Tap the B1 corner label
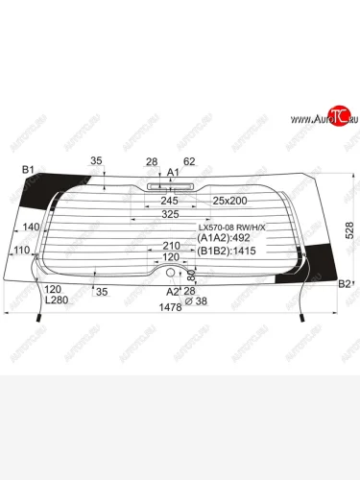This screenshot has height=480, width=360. [30, 170]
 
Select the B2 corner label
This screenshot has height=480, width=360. [345, 284]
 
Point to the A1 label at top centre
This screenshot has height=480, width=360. [174, 172]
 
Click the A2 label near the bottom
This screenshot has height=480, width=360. [173, 291]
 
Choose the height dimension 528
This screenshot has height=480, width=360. [349, 230]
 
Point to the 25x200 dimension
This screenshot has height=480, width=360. [229, 201]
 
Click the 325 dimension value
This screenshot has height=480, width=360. [170, 214]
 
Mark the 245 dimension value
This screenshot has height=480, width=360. [169, 201]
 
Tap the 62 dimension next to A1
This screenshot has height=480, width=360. [189, 161]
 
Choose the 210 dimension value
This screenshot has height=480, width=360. [171, 247]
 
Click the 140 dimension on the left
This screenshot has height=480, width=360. [31, 228]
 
